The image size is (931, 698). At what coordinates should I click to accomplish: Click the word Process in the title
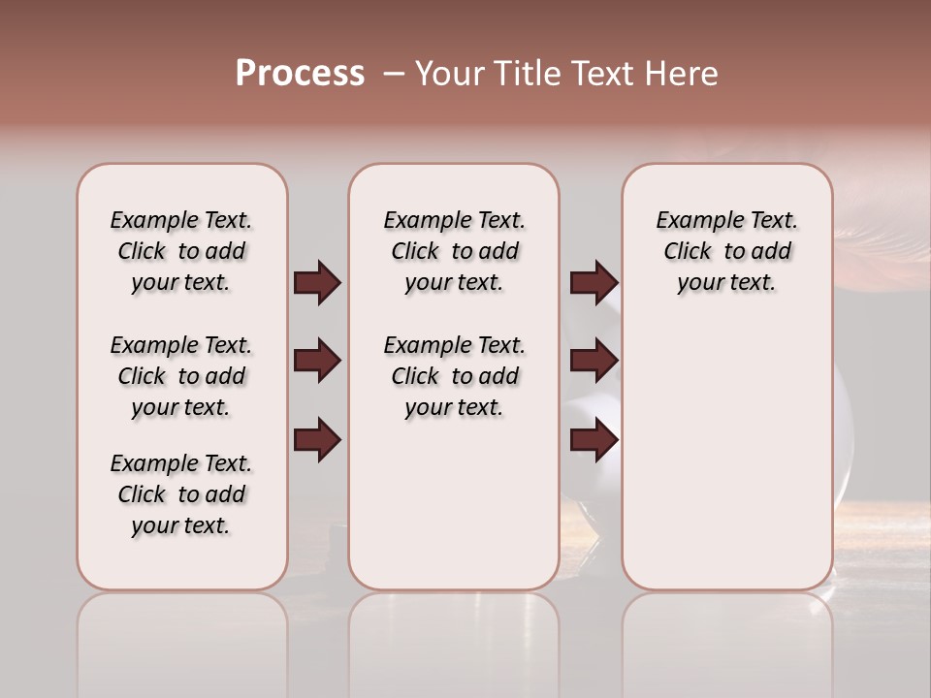pyautogui.click(x=300, y=74)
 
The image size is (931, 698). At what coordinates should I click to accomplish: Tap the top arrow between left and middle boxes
pyautogui.click(x=317, y=283)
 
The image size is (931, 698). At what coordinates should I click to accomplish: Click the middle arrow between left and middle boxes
pyautogui.click(x=317, y=362)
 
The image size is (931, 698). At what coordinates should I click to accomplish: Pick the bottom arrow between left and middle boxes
pyautogui.click(x=317, y=440)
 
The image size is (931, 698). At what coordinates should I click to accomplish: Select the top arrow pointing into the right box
pyautogui.click(x=594, y=283)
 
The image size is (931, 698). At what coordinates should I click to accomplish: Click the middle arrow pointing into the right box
pyautogui.click(x=594, y=362)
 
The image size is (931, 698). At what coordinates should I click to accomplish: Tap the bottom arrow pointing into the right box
pyautogui.click(x=594, y=440)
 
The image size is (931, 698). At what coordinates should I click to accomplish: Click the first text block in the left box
pyautogui.click(x=181, y=251)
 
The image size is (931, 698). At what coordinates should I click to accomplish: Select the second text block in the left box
pyautogui.click(x=181, y=376)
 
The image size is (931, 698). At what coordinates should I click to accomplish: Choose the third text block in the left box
pyautogui.click(x=181, y=494)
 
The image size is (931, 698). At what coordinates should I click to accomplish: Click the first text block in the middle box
pyautogui.click(x=454, y=251)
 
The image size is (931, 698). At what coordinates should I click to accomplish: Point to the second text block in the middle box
pyautogui.click(x=454, y=376)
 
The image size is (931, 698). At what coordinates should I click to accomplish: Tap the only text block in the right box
pyautogui.click(x=726, y=251)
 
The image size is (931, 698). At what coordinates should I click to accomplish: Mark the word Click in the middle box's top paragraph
pyautogui.click(x=415, y=252)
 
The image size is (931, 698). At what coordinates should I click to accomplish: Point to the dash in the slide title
pyautogui.click(x=393, y=74)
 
